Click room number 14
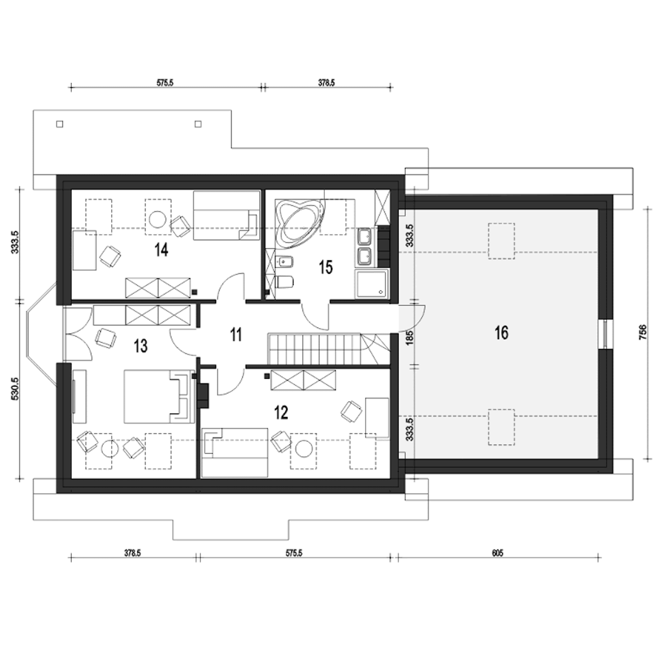pyautogui.click(x=161, y=250)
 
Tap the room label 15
pyautogui.click(x=325, y=267)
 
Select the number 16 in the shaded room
pyautogui.click(x=501, y=333)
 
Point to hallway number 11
pyautogui.click(x=236, y=335)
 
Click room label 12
pyautogui.click(x=281, y=413)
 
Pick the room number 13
pyautogui.click(x=140, y=346)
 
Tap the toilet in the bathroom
pyautogui.click(x=285, y=282)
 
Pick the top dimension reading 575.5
pyautogui.click(x=165, y=83)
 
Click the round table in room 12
pyautogui.click(x=304, y=449)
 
